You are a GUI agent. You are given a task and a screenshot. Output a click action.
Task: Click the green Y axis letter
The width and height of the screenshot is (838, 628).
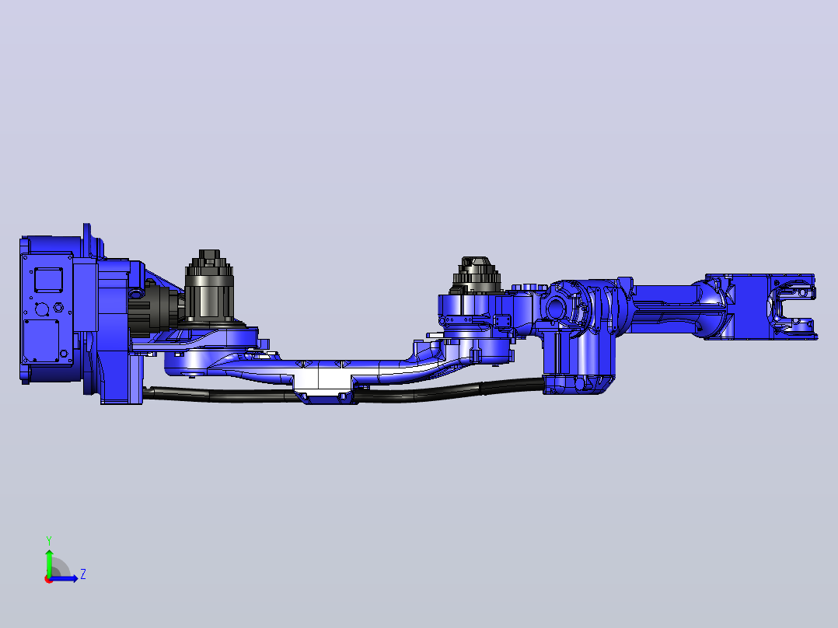(x=49, y=541)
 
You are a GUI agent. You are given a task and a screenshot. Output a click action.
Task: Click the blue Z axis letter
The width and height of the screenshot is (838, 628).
(x=83, y=574)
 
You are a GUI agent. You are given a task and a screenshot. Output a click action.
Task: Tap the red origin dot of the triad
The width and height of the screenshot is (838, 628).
(x=48, y=579)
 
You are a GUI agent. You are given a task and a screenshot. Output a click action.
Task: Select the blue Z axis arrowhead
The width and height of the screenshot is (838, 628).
(x=74, y=578)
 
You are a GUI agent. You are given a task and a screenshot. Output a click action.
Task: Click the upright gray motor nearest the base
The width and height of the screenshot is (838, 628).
(x=209, y=287)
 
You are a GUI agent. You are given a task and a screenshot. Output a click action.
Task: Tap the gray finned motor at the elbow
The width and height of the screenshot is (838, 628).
(x=477, y=275)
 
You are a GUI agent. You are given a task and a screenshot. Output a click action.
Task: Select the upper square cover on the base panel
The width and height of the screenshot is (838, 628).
(x=48, y=280)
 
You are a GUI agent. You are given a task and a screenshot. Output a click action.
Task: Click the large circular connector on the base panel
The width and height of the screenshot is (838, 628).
(x=40, y=309)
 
